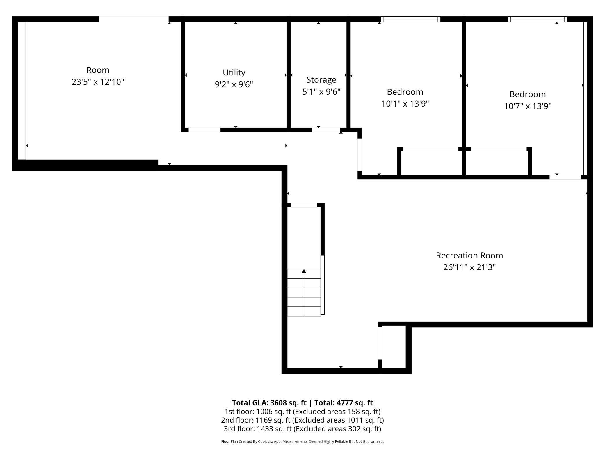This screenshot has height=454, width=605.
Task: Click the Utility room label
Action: tap(234, 72)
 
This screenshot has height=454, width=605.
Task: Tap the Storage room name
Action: tap(321, 80)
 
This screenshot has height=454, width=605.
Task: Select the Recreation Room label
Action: tap(469, 256)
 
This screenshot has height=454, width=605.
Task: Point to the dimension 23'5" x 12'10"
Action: tap(98, 82)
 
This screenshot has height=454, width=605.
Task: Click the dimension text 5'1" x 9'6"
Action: tap(321, 92)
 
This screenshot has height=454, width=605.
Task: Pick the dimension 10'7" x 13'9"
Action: tap(528, 106)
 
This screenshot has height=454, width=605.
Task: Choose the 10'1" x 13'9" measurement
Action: tap(405, 104)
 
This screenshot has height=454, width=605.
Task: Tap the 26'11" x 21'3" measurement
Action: tap(469, 267)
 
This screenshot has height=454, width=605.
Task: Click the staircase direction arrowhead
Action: tap(304, 271)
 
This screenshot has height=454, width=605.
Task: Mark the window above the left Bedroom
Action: tap(411, 19)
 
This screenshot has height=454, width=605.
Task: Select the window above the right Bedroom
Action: tap(538, 19)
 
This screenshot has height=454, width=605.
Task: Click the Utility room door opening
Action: tap(204, 130)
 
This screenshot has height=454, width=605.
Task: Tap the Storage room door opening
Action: tap(326, 130)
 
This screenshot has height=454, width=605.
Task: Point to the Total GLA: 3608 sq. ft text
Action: tap(269, 403)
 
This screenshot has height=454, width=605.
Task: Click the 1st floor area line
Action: tap(302, 412)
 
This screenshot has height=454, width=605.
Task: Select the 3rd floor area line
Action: tap(302, 429)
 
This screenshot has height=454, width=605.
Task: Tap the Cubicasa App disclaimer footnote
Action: tap(302, 441)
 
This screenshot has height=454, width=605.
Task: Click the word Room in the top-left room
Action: tap(98, 70)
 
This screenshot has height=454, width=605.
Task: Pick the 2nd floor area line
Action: tap(302, 420)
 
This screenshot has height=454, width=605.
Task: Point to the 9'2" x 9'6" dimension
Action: tap(234, 84)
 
